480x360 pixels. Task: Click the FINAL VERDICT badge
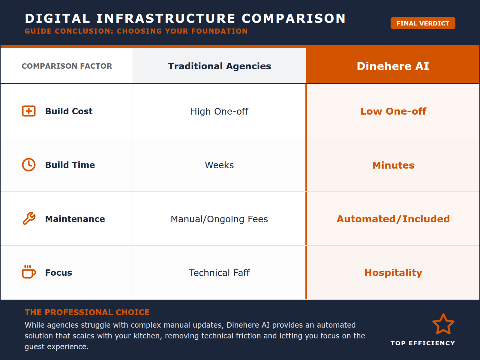[x=423, y=23]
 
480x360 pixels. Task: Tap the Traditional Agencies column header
[x=219, y=66]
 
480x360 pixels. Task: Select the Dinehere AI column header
[x=393, y=66]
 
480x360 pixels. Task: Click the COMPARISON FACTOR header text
[x=67, y=66]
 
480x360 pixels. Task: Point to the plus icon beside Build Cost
[x=29, y=111]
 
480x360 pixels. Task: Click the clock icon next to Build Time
[x=29, y=165]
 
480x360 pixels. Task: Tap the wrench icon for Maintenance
[x=29, y=219]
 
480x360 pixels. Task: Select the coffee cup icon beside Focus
[x=29, y=272]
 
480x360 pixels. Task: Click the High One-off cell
[x=219, y=111]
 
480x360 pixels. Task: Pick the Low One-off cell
[x=393, y=111]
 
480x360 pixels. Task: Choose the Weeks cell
[x=219, y=165]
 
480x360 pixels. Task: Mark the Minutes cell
[x=393, y=165]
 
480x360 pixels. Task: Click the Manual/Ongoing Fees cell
[x=219, y=219]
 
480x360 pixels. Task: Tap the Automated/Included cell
[x=393, y=219]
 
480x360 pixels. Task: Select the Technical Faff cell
[x=219, y=273]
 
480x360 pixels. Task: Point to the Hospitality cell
[x=393, y=273]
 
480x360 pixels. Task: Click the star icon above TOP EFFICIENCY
[x=443, y=324]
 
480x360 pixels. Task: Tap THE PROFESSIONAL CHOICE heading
[x=87, y=312]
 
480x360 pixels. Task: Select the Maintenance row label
[x=75, y=219]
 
